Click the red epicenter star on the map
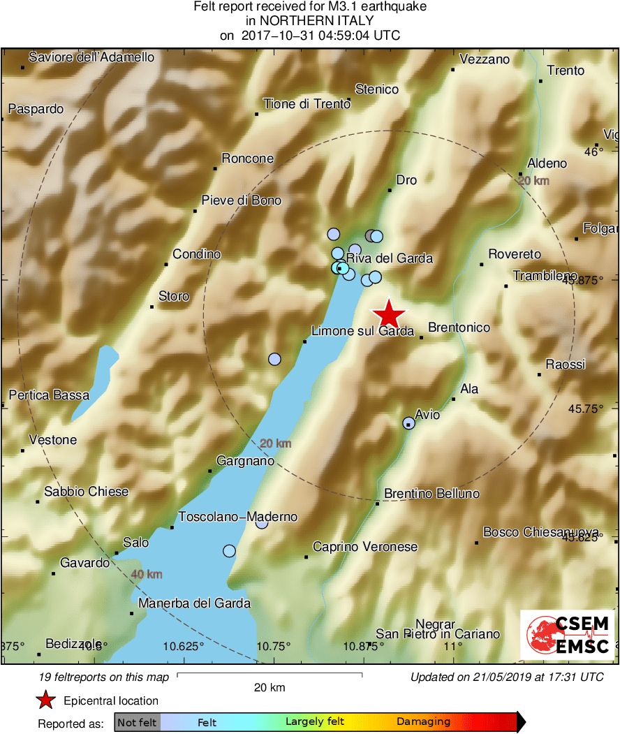(x=388, y=314)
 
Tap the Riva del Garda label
(x=389, y=258)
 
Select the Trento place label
(x=566, y=71)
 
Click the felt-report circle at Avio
(x=409, y=423)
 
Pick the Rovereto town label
(x=515, y=254)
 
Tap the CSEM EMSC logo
(x=568, y=634)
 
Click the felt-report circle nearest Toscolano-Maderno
(x=262, y=522)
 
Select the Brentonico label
(x=459, y=328)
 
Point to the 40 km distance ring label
(x=147, y=574)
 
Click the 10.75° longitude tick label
(x=273, y=645)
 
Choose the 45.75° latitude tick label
(x=584, y=409)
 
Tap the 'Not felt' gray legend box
(x=138, y=722)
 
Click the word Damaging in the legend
(x=423, y=722)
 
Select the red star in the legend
(x=46, y=700)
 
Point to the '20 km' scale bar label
(x=270, y=688)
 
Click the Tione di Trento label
(x=307, y=104)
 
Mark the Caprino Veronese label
(x=365, y=547)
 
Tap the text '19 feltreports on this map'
(x=105, y=677)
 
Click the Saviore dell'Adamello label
(x=91, y=57)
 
